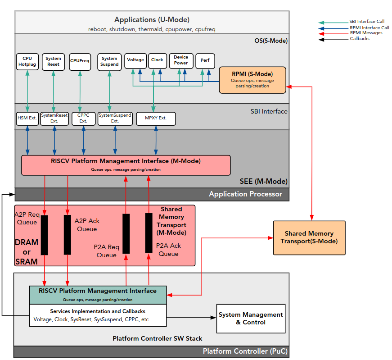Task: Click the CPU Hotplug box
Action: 27,61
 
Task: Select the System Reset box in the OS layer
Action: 53,61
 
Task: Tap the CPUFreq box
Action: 80,62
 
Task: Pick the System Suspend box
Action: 109,61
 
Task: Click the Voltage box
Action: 135,60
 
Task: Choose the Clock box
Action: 158,60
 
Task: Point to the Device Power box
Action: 181,60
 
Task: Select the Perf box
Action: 205,60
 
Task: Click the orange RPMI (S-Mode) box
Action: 252,80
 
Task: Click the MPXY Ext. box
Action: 156,118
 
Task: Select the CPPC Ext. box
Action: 83,118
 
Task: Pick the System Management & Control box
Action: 251,319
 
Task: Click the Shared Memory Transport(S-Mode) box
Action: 309,237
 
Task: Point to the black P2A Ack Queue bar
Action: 149,233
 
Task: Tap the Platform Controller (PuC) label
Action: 243,351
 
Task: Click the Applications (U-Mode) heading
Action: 152,20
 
